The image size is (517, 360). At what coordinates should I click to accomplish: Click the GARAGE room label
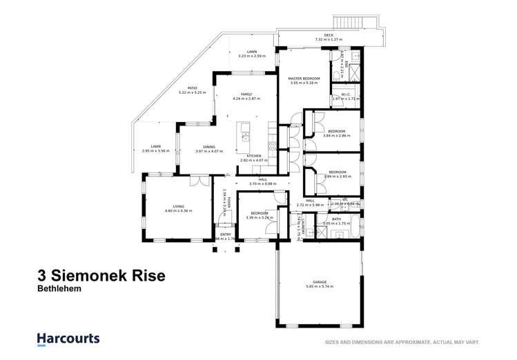pos(319,281)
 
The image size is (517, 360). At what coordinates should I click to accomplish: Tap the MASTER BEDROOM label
pos(304,79)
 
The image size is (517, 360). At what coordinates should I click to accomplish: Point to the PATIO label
pos(188,88)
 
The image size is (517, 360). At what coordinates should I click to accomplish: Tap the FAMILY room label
pos(246,94)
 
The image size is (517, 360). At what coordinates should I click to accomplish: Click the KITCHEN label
pos(254,156)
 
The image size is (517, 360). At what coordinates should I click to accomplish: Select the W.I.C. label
pos(347,94)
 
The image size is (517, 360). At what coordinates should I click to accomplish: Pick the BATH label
pos(336,219)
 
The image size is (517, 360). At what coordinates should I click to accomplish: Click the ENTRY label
pos(226,234)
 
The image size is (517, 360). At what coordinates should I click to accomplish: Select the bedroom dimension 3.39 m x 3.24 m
pos(255,218)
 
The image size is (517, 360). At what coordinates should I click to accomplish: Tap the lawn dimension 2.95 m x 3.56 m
pos(156,151)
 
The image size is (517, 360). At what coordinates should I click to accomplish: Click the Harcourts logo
pos(68,339)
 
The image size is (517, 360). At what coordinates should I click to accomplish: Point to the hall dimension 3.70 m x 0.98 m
pos(253,184)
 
